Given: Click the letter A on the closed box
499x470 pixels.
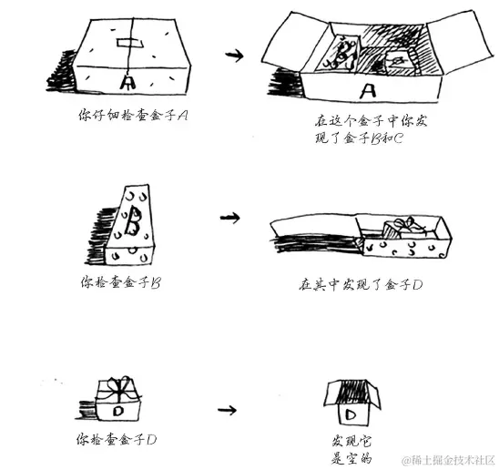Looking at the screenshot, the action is click(127, 82).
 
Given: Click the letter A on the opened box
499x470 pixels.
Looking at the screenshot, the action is click(368, 90).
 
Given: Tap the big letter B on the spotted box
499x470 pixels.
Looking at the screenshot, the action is click(133, 221).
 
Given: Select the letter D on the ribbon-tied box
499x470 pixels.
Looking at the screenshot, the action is click(118, 411).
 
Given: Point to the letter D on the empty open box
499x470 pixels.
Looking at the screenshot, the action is click(351, 414).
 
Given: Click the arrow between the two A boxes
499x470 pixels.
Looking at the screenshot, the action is click(234, 56).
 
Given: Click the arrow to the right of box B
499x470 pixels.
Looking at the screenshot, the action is click(229, 218).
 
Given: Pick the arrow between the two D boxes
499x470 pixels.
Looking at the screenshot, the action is click(228, 410).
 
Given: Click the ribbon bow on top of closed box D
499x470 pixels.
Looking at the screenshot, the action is click(119, 387).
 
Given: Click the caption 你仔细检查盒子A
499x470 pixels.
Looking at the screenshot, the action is click(133, 115).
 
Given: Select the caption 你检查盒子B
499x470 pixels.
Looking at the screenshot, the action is click(120, 282).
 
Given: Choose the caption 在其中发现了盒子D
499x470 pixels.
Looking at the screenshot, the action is click(361, 284).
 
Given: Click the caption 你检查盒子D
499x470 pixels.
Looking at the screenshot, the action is click(117, 439).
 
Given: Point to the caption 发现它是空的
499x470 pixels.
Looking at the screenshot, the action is click(351, 450).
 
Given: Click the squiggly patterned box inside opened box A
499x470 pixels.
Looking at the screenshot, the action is click(340, 55).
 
